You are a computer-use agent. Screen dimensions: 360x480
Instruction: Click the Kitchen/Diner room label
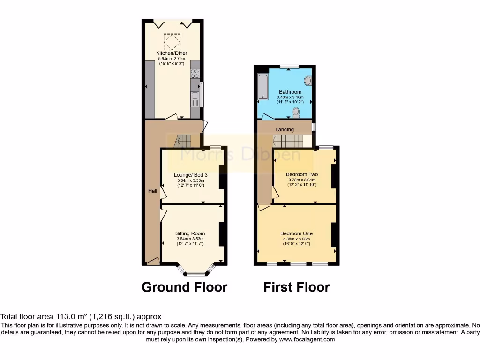pyautogui.click(x=172, y=53)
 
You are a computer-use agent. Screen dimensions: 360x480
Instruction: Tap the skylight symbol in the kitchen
pyautogui.click(x=172, y=41)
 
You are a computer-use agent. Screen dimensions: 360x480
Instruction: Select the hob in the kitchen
pyautogui.click(x=195, y=74)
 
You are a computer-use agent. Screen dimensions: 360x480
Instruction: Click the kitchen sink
pyautogui.click(x=195, y=99)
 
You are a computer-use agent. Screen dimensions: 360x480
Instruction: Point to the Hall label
pyautogui.click(x=153, y=191)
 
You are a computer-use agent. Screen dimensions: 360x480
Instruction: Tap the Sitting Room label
pyautogui.click(x=190, y=233)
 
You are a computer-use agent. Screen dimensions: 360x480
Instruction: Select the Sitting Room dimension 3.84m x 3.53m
pyautogui.click(x=190, y=239)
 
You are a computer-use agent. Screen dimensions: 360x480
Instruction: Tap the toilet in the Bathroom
pyautogui.click(x=296, y=112)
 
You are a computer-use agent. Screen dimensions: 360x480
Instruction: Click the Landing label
pyautogui.click(x=285, y=129)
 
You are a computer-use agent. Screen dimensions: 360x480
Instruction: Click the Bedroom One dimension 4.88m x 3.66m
pyautogui.click(x=296, y=239)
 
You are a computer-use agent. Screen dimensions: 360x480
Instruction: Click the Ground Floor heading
pyautogui.click(x=184, y=287)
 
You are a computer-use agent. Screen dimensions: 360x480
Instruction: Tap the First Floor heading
pyautogui.click(x=297, y=287)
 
